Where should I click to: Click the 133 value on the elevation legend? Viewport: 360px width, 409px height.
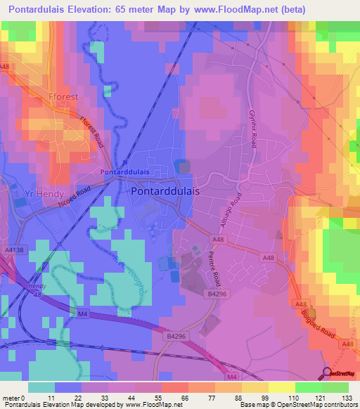click(346, 398)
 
